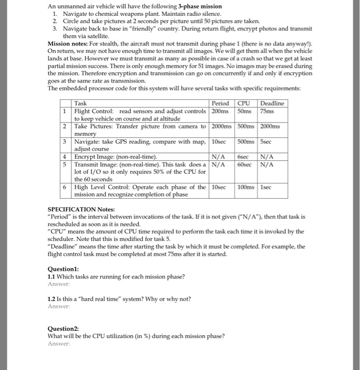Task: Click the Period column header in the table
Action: (220, 103)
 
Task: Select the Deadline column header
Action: (272, 103)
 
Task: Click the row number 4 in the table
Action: (63, 157)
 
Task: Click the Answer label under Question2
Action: (59, 343)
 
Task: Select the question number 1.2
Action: (52, 298)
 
